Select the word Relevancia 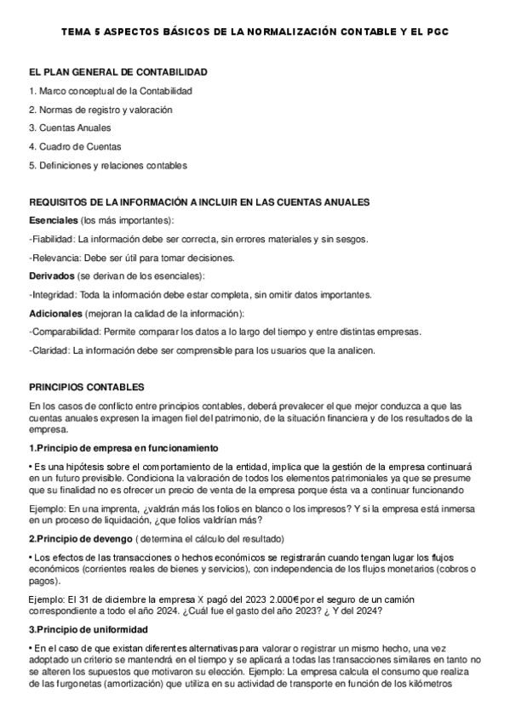pyautogui.click(x=55, y=258)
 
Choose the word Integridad pyautogui.click(x=54, y=295)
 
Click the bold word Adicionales pyautogui.click(x=54, y=314)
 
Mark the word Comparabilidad pyautogui.click(x=65, y=332)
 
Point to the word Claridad pyautogui.click(x=50, y=350)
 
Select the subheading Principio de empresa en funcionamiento pyautogui.click(x=126, y=447)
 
